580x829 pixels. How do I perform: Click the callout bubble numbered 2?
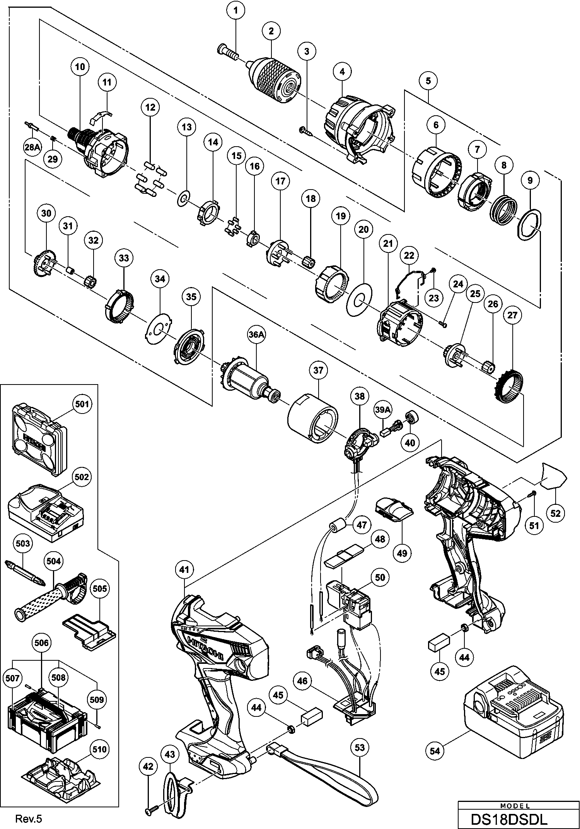(x=271, y=31)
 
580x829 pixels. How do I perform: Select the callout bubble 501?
(x=82, y=404)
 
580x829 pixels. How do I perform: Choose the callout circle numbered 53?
(x=360, y=748)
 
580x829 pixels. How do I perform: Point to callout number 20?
(x=363, y=229)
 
